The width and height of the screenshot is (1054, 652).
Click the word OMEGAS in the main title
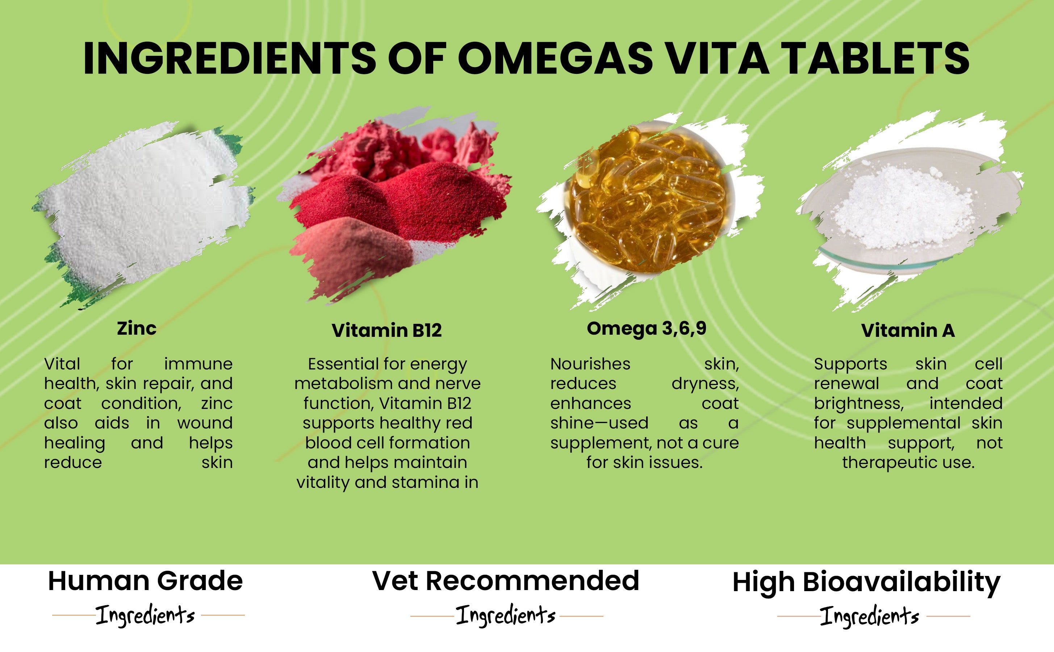555,58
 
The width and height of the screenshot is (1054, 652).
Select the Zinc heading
137,329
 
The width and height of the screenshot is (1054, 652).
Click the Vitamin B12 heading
387,331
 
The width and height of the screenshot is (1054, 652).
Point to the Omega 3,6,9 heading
647,329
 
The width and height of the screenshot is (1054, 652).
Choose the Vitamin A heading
908,331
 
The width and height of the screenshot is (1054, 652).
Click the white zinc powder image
142,213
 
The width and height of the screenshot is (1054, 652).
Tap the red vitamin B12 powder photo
394,205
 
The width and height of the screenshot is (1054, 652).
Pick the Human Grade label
145,581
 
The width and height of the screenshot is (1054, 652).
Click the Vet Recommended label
506,581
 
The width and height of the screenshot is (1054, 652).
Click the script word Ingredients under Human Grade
145,615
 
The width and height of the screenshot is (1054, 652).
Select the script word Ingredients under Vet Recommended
506,615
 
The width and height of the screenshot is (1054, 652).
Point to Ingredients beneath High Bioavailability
870,616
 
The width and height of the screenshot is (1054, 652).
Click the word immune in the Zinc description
198,364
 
